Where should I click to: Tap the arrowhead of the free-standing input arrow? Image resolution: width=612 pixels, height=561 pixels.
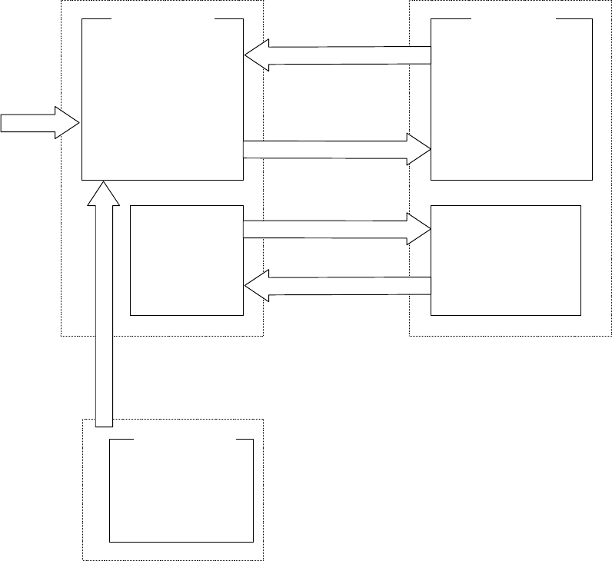pos(67,123)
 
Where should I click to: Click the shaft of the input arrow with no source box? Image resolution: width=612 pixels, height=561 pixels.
pos(27,123)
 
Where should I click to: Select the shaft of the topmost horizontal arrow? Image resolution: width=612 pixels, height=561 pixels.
pos(346,55)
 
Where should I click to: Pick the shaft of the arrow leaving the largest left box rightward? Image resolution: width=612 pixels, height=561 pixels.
pos(323,149)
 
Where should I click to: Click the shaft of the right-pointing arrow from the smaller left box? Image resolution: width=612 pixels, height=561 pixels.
pos(323,229)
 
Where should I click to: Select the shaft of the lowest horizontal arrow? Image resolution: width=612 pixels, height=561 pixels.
pos(346,286)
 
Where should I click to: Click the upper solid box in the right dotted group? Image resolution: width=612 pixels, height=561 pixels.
pos(511,100)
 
